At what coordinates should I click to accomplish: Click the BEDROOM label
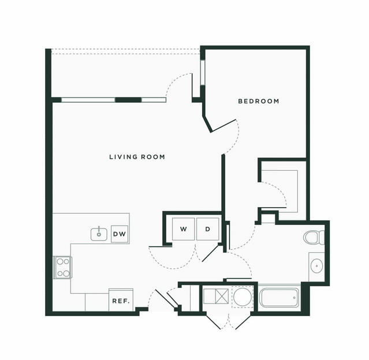[258, 101]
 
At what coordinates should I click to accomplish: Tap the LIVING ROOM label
[137, 157]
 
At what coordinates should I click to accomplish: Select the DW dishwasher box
[120, 234]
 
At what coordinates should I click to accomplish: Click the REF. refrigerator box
[121, 300]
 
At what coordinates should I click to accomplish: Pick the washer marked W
[183, 229]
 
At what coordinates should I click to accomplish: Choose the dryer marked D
[208, 229]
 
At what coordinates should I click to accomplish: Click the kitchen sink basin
[99, 234]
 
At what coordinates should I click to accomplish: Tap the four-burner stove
[62, 267]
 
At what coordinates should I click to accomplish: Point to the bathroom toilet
[314, 238]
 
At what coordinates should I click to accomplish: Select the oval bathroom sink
[317, 266]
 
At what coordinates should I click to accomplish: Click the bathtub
[279, 298]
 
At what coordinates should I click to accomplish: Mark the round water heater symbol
[243, 297]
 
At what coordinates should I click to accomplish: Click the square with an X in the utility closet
[222, 297]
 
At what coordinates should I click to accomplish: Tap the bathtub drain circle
[295, 298]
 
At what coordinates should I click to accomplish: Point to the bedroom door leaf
[223, 126]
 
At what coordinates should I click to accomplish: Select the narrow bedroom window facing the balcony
[203, 73]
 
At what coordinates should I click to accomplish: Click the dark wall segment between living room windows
[128, 100]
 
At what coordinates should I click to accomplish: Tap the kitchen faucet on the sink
[99, 229]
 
